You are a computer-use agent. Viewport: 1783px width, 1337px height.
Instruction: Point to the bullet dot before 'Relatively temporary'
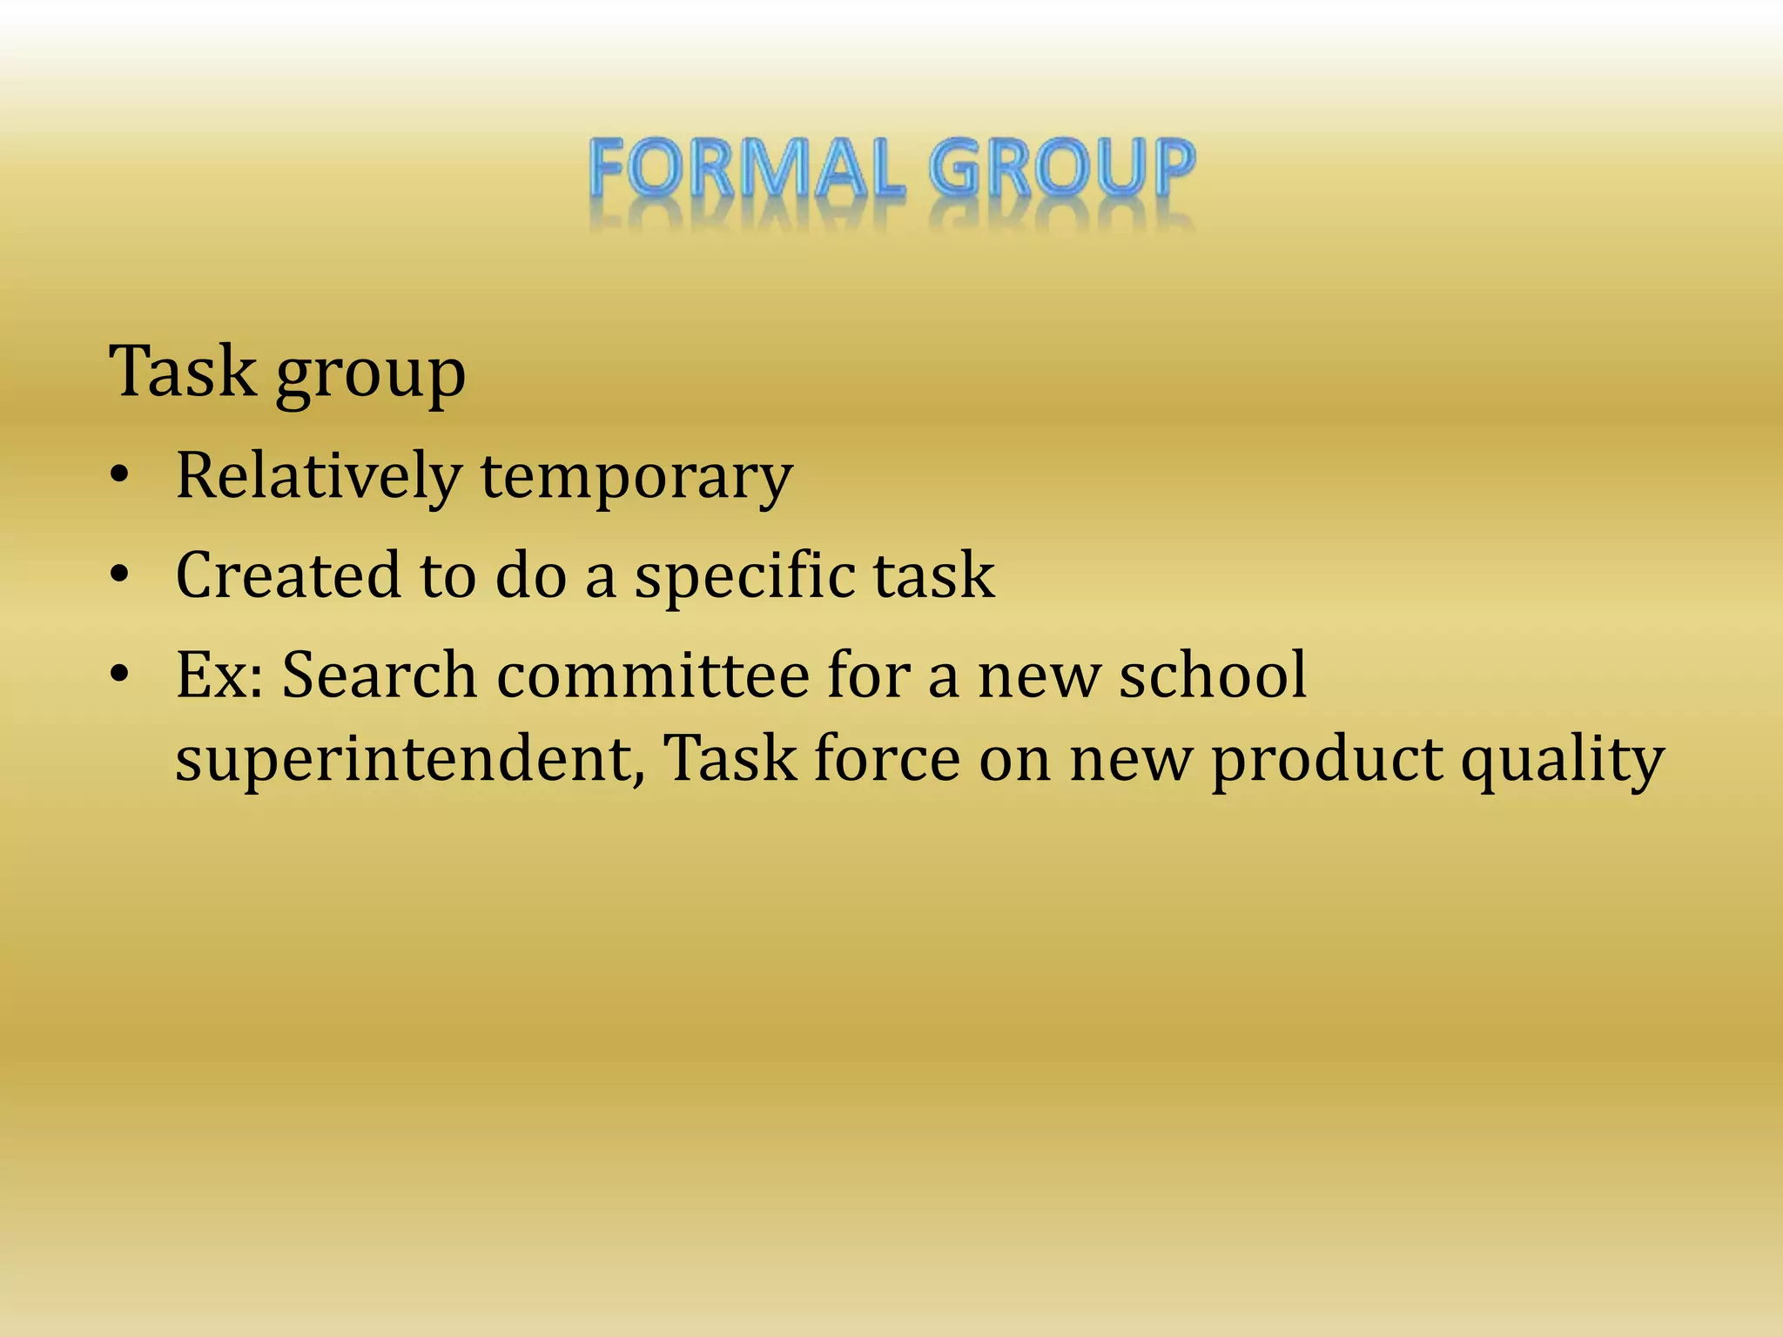point(120,475)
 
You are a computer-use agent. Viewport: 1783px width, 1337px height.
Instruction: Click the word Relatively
point(319,477)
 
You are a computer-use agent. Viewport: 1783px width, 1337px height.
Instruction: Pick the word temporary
point(636,479)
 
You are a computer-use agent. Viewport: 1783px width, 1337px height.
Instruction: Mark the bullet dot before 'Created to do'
point(120,574)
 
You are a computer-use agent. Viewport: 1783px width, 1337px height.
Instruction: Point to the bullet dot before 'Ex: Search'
point(120,674)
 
